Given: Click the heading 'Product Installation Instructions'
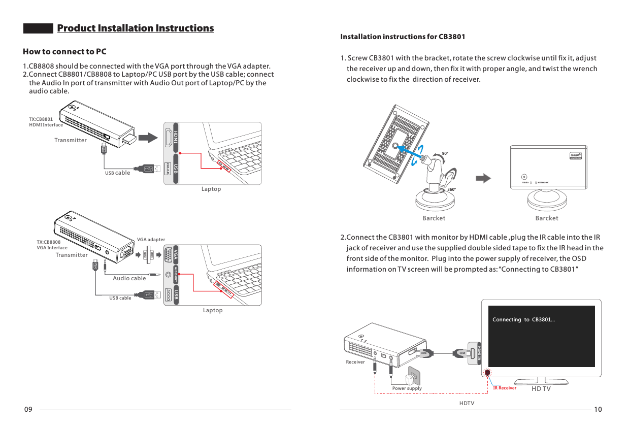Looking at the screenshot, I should click(135, 28).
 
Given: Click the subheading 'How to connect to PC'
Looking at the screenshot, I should click(64, 52).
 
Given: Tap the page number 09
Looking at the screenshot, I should click(28, 410).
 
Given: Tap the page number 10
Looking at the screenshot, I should click(598, 410).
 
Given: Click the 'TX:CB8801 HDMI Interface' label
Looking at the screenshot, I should click(46, 122).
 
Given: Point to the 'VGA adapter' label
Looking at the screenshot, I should click(151, 239).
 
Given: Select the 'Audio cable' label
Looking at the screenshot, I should click(129, 278).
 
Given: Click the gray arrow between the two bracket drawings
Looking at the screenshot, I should click(485, 178).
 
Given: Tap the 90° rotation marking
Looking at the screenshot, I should click(445, 153).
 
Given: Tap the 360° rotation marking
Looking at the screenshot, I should click(451, 189).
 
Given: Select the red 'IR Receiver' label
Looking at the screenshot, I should click(505, 388).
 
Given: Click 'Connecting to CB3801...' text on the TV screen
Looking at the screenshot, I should click(523, 319).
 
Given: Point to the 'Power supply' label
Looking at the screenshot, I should click(407, 388).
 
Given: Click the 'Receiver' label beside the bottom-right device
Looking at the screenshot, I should click(355, 362).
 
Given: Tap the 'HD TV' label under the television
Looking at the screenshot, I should click(541, 389).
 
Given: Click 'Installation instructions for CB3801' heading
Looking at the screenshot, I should click(402, 37).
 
